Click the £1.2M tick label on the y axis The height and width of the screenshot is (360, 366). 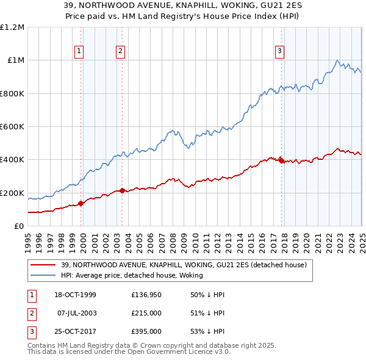(x=12, y=27)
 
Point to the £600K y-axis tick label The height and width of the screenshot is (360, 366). (x=12, y=127)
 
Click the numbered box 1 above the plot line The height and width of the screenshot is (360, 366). (x=80, y=51)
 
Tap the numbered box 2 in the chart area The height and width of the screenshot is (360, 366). (x=121, y=51)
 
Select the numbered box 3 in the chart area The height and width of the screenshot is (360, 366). (x=279, y=51)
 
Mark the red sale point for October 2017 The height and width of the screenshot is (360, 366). (x=281, y=160)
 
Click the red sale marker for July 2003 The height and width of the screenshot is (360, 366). (x=122, y=190)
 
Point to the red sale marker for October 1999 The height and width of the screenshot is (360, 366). (x=81, y=204)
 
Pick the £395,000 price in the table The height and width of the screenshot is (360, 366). (x=146, y=331)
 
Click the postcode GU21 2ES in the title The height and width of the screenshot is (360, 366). (x=286, y=8)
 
